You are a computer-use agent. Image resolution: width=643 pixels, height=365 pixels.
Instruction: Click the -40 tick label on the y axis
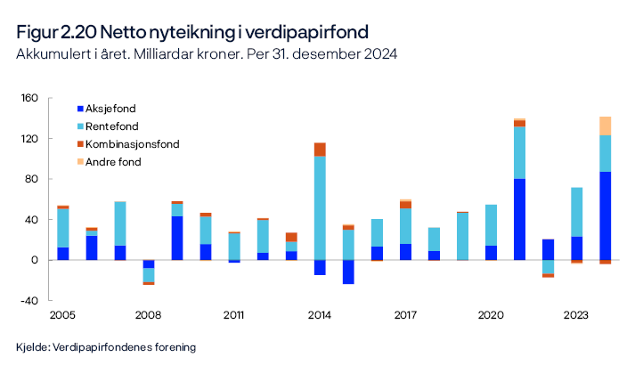coord(28,300)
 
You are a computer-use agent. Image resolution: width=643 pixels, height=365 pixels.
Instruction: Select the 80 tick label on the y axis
coord(31,179)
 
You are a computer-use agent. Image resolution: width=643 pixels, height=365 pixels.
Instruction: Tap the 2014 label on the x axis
coord(320,315)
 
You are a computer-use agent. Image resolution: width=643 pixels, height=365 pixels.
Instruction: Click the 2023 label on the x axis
coord(577,315)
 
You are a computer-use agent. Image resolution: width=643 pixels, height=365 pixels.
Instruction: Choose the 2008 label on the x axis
coord(149,315)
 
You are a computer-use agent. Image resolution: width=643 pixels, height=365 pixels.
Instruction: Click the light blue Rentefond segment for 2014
coord(320,207)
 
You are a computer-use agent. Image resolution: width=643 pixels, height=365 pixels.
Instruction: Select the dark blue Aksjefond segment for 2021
coord(519,219)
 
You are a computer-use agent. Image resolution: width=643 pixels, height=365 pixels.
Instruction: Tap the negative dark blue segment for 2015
coord(348,272)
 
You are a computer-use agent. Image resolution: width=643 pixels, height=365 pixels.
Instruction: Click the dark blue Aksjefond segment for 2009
coord(177,238)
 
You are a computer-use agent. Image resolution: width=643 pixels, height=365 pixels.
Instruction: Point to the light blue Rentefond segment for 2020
coord(491,225)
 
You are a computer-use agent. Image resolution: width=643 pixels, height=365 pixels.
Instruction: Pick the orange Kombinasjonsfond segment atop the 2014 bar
coord(320,150)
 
